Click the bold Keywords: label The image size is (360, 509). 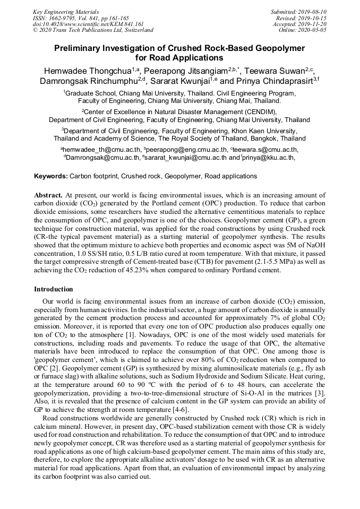point(51,176)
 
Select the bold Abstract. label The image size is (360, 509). point(48,195)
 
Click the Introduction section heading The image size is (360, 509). point(54,289)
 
